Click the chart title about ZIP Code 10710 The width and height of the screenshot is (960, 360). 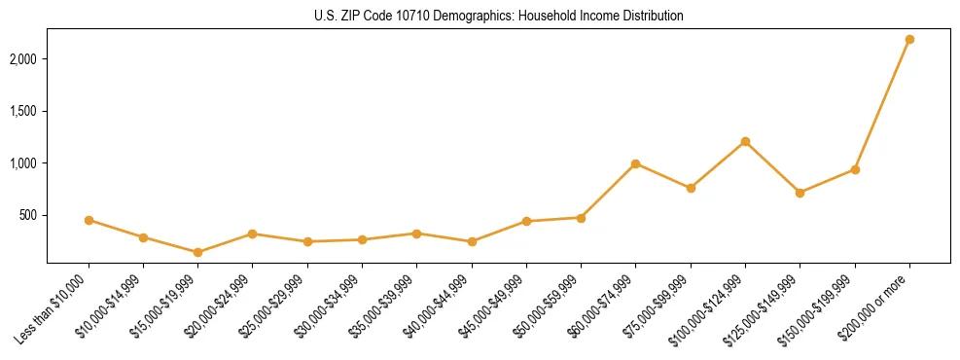tap(498, 16)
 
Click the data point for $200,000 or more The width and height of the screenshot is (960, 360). tap(909, 40)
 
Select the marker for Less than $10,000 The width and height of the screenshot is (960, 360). tap(89, 220)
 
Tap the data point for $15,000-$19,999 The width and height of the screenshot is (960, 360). tap(197, 252)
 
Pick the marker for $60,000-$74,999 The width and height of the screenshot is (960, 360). tap(635, 163)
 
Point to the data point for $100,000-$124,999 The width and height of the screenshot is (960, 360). tap(745, 141)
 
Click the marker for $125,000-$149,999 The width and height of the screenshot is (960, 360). tap(800, 193)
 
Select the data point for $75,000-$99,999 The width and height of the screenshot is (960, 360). tap(691, 188)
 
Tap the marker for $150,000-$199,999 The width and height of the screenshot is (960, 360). tap(855, 169)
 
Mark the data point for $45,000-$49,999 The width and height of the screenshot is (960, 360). tap(526, 221)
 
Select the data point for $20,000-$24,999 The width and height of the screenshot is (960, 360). tap(252, 234)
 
